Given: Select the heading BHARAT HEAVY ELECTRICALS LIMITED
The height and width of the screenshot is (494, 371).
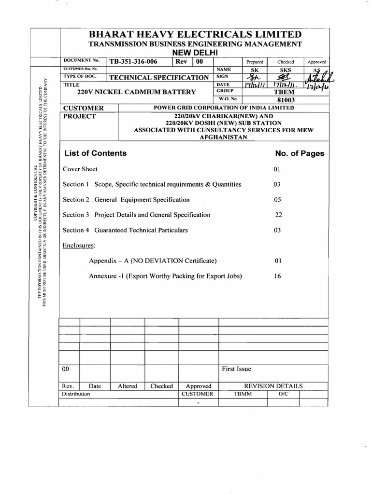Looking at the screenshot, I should point(195,35).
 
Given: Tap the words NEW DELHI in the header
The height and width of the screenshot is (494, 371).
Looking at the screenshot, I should point(195,52).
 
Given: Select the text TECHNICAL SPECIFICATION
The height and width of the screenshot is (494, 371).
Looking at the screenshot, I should point(159,78).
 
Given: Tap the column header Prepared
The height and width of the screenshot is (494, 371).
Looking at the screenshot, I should point(255,62).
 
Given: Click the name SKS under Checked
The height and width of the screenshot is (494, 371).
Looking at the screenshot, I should point(285,70).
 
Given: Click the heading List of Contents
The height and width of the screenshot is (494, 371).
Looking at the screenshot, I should point(95,153).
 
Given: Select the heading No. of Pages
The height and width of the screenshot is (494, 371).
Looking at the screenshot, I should point(300,154).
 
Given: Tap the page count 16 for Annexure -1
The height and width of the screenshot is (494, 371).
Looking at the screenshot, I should point(278,276).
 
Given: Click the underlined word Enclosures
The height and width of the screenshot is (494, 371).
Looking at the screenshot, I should point(79,246).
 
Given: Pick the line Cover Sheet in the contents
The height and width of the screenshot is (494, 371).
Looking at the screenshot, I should point(80,169).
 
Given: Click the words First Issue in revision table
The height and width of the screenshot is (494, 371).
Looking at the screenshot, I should point(236,369).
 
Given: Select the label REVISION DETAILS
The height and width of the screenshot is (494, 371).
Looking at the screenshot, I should point(273,386).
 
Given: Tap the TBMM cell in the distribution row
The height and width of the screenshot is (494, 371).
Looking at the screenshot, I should point(243,394).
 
